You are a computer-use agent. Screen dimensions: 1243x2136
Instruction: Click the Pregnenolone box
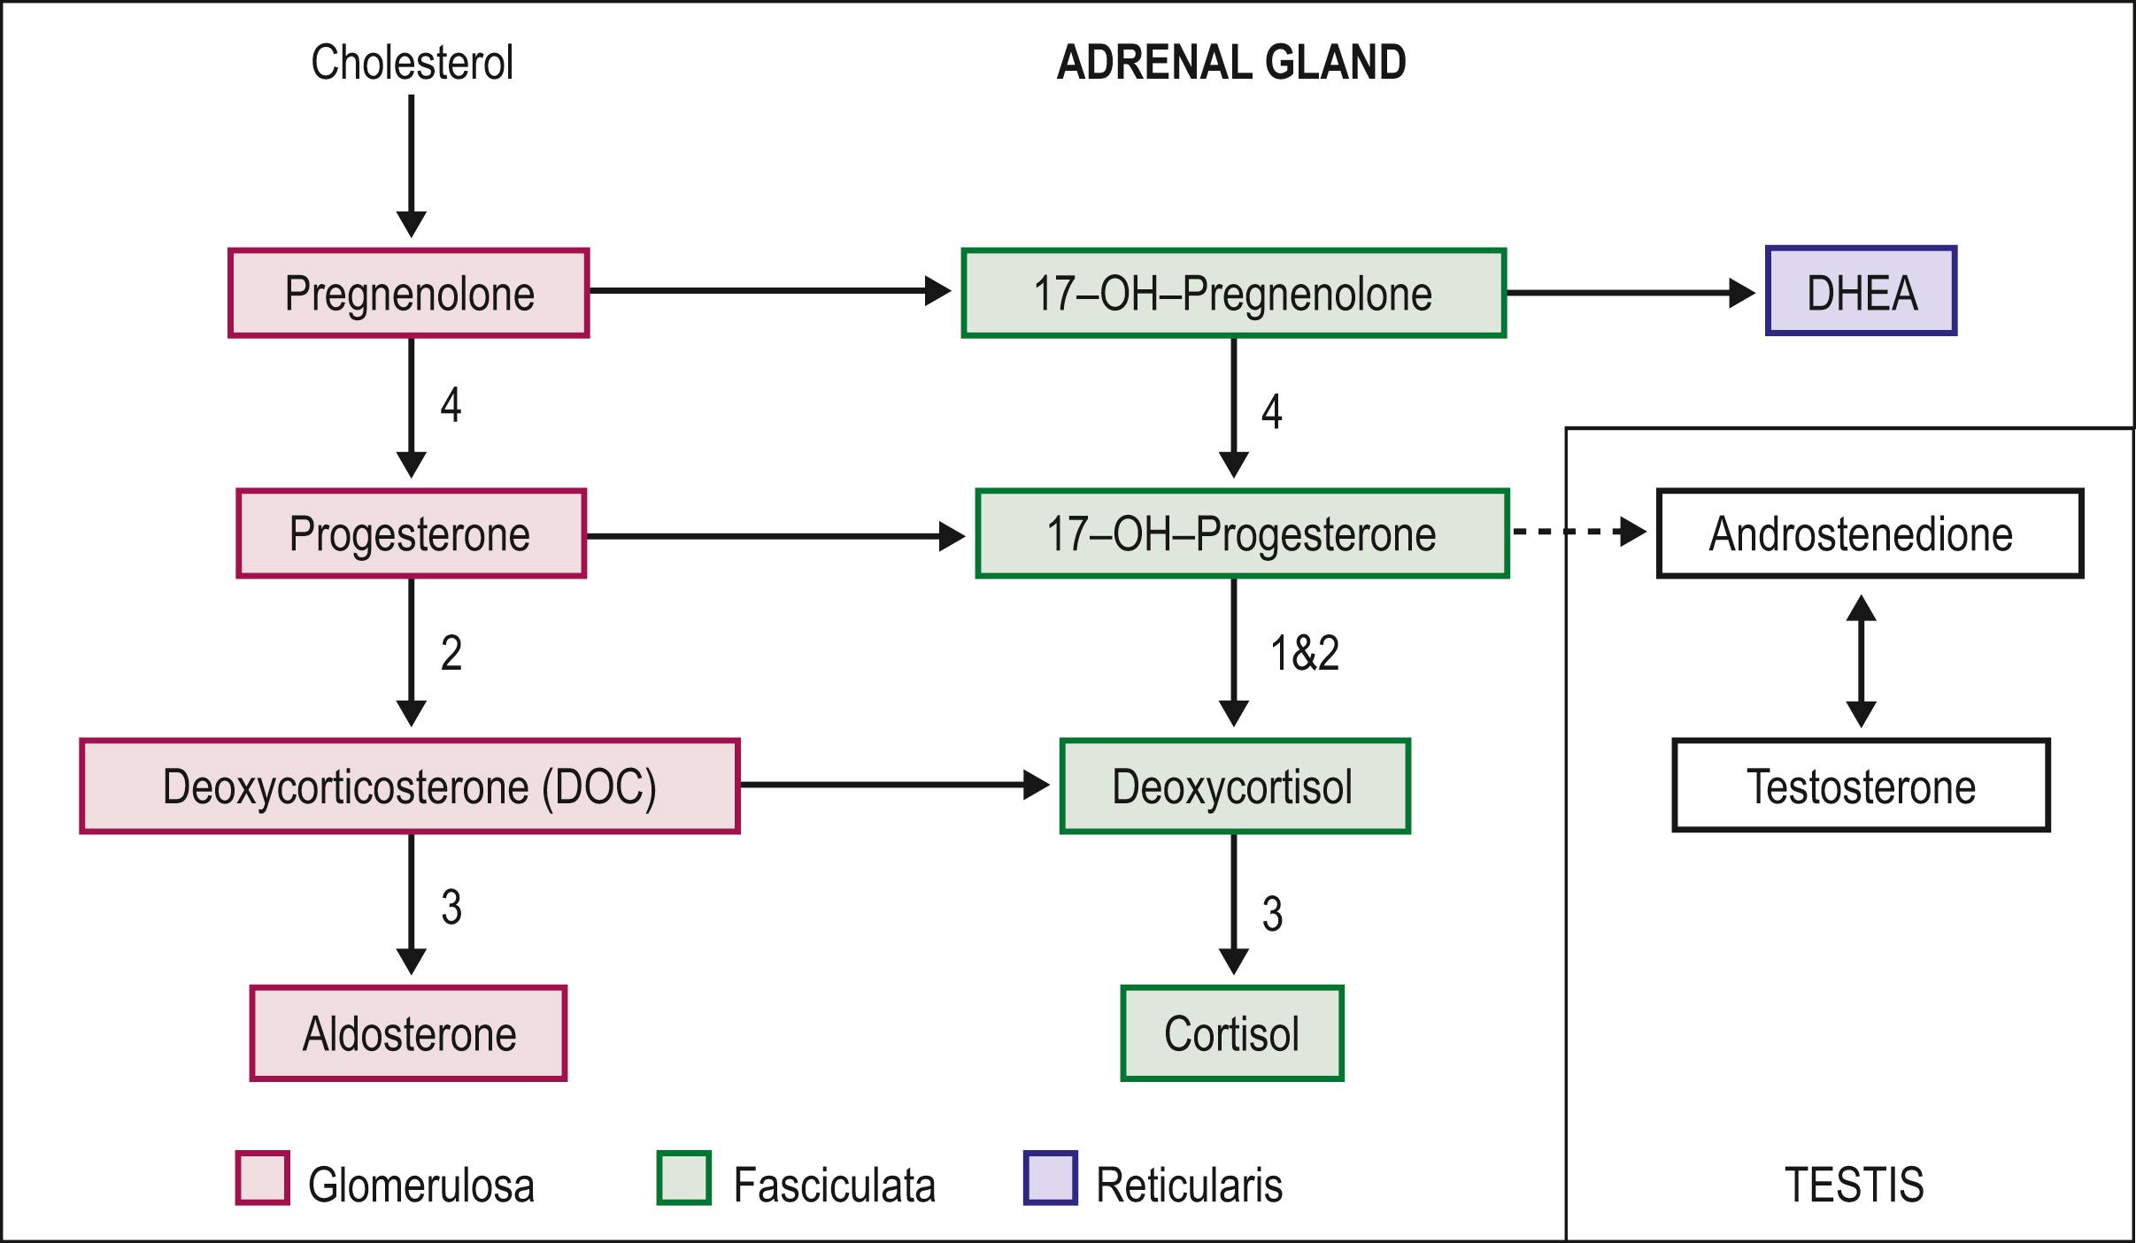pos(409,293)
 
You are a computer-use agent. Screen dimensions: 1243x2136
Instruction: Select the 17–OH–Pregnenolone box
pos(1233,293)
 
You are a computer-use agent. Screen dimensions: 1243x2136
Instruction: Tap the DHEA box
pos(1861,291)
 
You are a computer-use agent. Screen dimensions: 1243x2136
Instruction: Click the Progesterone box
pos(411,533)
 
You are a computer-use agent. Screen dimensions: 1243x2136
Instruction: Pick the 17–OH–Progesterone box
pos(1241,533)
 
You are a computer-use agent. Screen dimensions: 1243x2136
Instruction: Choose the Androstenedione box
pos(1869,533)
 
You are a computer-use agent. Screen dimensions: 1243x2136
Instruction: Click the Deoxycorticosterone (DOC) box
pos(409,786)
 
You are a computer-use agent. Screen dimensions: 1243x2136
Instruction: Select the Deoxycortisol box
pos(1234,786)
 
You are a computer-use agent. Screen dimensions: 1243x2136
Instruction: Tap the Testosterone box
pos(1861,786)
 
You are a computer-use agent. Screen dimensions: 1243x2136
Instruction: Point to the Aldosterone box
pos(408,1033)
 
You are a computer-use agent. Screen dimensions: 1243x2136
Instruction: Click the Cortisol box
pos(1232,1033)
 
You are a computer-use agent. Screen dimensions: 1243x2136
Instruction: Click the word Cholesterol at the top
pos(412,63)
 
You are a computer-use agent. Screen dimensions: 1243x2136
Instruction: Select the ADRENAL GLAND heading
pos(1231,63)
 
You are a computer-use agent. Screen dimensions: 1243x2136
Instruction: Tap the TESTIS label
pos(1854,1185)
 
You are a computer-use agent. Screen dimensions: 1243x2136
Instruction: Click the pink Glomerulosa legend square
pos(262,1178)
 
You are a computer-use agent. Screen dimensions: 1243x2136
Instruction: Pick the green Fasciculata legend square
pos(683,1178)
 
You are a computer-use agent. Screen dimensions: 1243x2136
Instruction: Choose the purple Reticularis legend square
pos(1050,1178)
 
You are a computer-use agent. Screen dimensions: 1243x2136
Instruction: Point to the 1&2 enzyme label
pos(1304,654)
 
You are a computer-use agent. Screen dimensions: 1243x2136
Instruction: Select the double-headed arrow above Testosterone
pos(1861,660)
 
